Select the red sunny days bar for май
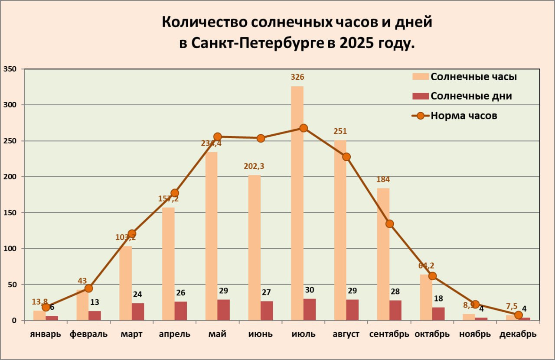click(224, 310)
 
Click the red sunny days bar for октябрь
click(438, 314)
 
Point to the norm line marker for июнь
click(261, 138)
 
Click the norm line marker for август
click(346, 157)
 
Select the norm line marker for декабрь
click(518, 315)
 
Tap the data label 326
click(297, 77)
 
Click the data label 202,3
click(255, 165)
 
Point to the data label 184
click(383, 179)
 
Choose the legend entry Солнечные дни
click(471, 96)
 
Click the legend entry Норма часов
click(464, 116)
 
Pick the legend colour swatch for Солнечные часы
click(420, 77)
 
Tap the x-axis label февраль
click(88, 334)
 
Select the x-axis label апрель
click(174, 334)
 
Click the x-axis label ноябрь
click(476, 334)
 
